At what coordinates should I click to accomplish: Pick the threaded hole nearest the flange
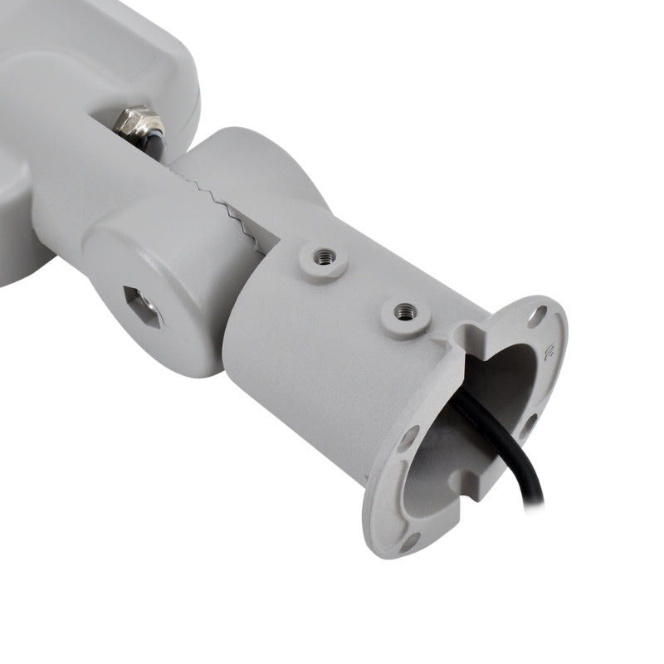(404, 312)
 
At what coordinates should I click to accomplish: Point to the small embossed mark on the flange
(549, 354)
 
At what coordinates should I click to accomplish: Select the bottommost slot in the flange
(408, 541)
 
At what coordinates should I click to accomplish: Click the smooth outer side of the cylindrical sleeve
(315, 365)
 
